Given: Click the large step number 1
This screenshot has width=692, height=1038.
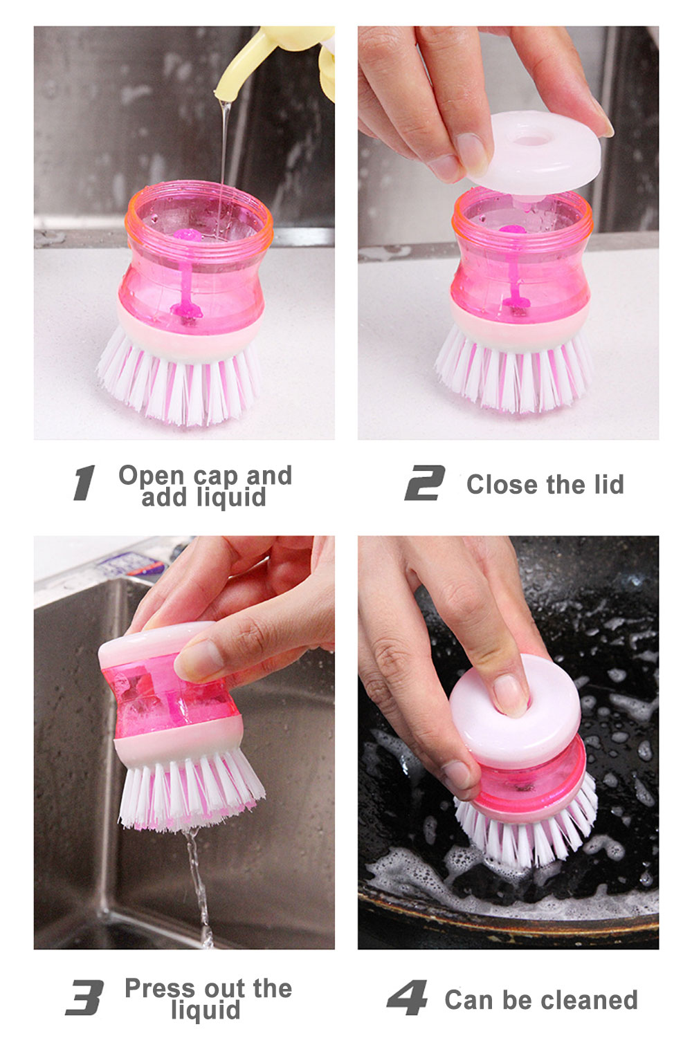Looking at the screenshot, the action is [84, 483].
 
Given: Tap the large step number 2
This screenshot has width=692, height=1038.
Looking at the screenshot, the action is [424, 483].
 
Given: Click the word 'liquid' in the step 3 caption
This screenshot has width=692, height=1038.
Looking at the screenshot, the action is [206, 1010].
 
